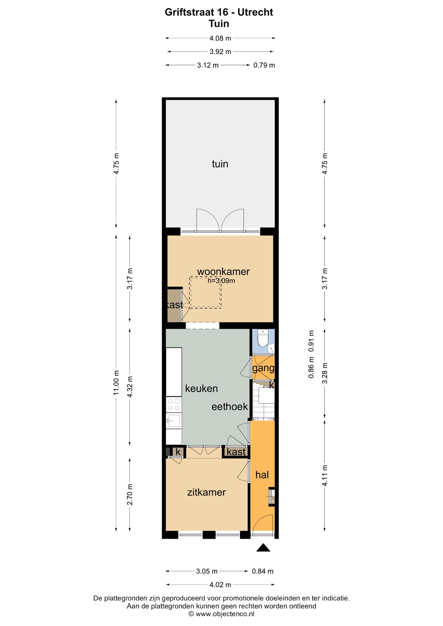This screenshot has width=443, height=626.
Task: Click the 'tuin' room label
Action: point(220,164)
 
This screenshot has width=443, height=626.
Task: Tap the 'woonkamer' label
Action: point(223,271)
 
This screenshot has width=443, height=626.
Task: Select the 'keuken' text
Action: point(201,389)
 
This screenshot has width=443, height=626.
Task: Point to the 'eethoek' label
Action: point(230,406)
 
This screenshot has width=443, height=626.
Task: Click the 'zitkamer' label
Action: point(206,492)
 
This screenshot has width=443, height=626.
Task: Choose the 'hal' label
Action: point(262,475)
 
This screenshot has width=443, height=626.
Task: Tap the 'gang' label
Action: point(263,368)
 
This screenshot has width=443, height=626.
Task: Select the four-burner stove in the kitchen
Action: point(173,405)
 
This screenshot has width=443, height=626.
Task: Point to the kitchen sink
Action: point(173,421)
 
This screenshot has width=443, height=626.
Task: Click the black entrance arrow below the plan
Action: point(263,547)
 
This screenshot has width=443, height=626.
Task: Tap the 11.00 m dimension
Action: point(116,383)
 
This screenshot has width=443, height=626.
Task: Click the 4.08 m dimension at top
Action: point(220,38)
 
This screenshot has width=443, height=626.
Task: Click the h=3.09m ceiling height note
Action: point(221,280)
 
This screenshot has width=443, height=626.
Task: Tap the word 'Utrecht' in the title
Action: point(255,12)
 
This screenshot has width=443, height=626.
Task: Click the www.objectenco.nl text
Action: point(225,614)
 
